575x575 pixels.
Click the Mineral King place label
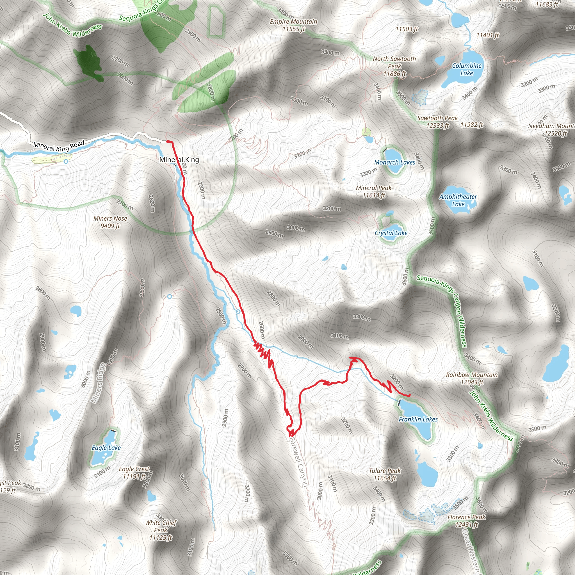click(179, 160)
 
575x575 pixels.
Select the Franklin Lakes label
click(418, 419)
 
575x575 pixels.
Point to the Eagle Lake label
click(106, 448)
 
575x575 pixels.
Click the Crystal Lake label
click(391, 233)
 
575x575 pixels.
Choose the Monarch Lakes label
click(395, 162)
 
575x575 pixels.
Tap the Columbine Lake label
click(466, 69)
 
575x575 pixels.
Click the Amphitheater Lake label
click(458, 200)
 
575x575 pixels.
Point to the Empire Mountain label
click(293, 25)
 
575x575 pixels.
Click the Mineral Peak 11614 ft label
click(373, 192)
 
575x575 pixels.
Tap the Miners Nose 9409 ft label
click(110, 222)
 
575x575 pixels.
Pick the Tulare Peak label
click(385, 474)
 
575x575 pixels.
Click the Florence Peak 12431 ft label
click(466, 521)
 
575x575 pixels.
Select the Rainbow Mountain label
click(472, 378)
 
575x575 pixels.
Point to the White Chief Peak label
click(161, 530)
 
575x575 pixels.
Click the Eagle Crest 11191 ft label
click(134, 473)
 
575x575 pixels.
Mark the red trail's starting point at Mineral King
click(168, 142)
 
